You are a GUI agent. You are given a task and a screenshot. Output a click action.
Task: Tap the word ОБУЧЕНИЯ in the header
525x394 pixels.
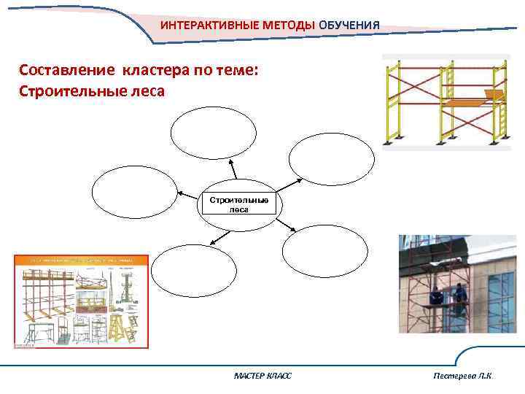pos(349,26)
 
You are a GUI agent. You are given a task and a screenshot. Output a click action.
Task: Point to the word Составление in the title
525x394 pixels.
pos(63,71)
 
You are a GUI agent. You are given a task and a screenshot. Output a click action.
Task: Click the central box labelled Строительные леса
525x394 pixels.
pos(239,204)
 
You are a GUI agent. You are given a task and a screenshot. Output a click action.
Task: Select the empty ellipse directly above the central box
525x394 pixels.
pos(214,133)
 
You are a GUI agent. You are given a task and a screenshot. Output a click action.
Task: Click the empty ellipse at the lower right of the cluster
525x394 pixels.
pos(325,250)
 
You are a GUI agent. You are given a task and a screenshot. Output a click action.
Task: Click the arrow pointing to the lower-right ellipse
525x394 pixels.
pos(285,226)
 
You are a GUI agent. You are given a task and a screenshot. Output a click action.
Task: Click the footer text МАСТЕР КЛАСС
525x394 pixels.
pos(262,375)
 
